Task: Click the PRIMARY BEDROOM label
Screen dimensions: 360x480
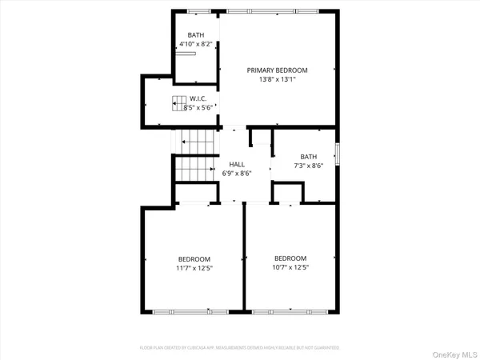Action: (277, 70)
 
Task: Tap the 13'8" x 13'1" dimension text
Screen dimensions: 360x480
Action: (277, 80)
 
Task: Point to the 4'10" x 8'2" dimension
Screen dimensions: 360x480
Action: (196, 45)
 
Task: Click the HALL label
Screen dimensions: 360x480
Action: (237, 164)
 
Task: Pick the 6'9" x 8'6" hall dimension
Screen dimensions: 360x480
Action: (237, 174)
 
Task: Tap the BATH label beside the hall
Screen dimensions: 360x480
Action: (308, 157)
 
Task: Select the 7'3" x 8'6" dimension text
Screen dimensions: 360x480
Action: (308, 166)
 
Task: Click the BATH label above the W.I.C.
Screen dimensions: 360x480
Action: (196, 35)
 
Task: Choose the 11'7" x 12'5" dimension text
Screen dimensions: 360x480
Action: (194, 268)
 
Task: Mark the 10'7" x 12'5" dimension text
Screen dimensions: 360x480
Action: (290, 267)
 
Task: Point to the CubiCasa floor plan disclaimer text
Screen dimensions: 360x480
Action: (240, 348)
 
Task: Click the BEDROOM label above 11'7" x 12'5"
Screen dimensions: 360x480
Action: (194, 258)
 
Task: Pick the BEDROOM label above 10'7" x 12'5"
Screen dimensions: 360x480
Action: (290, 258)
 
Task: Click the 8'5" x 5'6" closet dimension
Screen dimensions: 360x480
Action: (198, 107)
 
